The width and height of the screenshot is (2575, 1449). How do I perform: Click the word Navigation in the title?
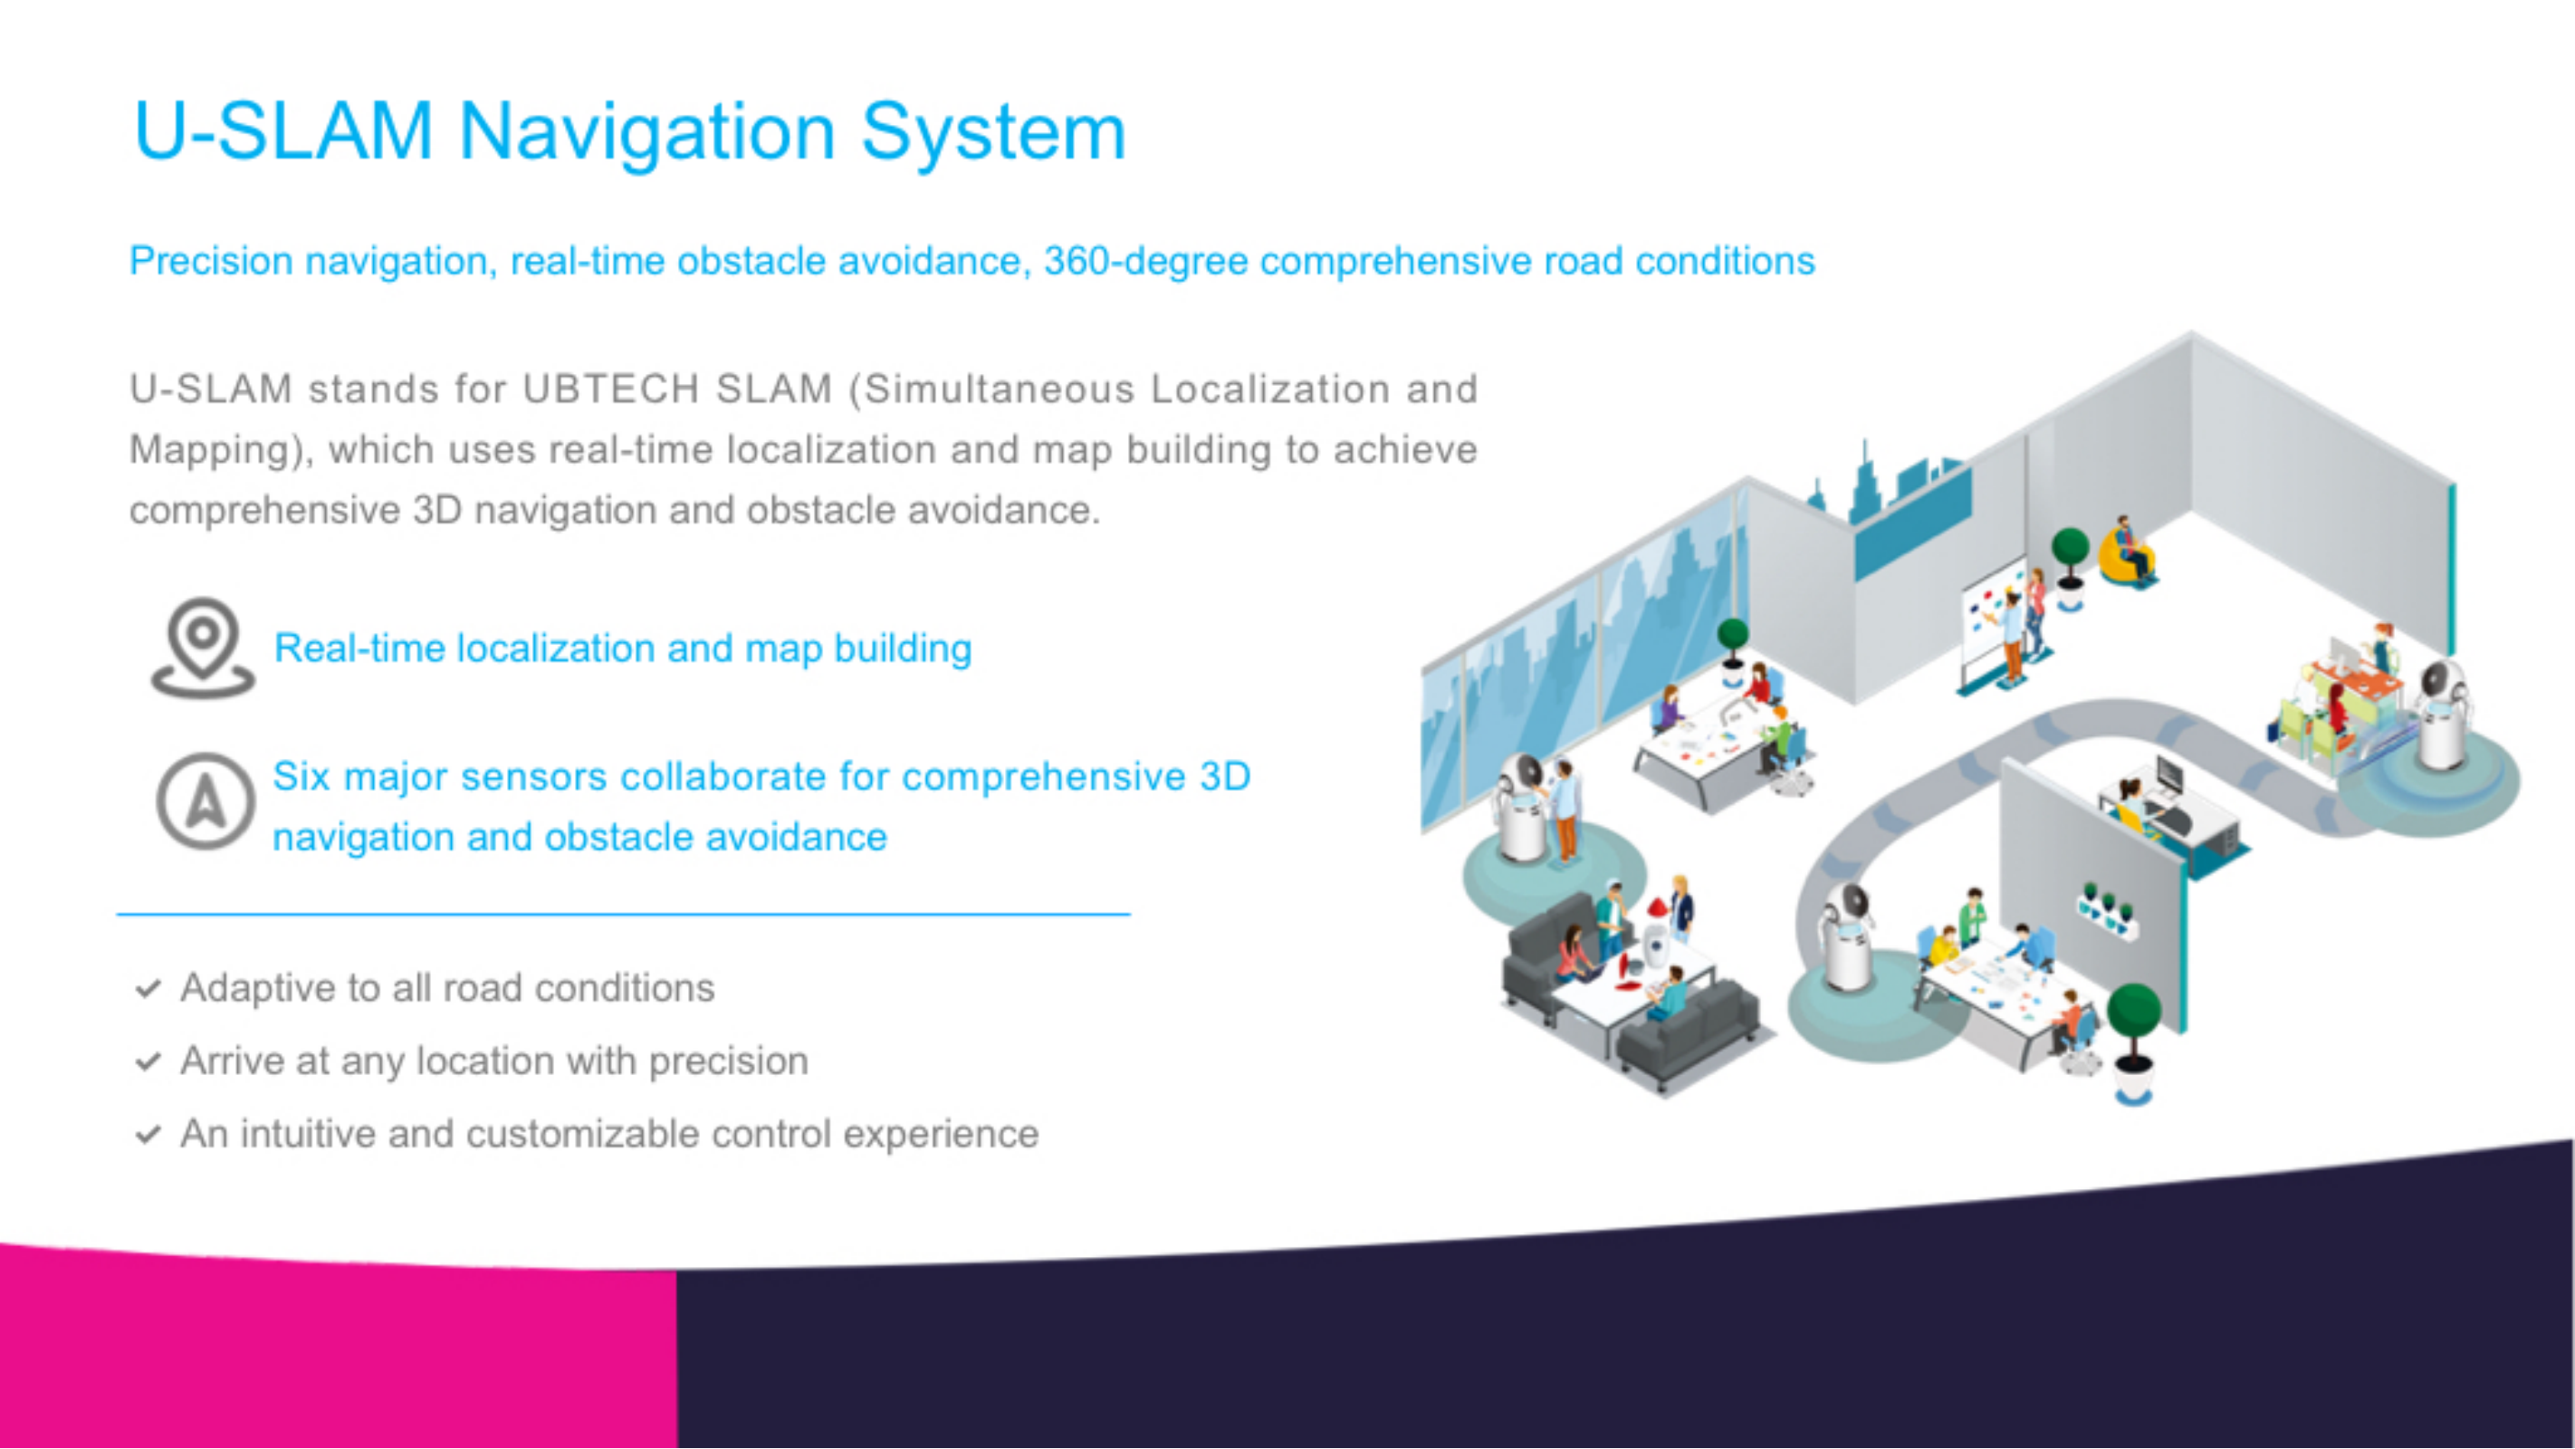[646, 133]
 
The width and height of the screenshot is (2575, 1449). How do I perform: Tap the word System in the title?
[993, 133]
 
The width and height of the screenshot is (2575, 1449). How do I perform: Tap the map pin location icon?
[203, 648]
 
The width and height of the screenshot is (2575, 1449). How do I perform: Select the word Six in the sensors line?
[301, 776]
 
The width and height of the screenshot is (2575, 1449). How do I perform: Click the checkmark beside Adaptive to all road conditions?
[148, 989]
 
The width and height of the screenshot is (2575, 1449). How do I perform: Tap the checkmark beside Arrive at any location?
[148, 1062]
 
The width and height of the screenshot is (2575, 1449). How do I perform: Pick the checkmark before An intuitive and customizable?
[148, 1135]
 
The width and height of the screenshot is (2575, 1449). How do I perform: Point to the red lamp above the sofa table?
[1656, 909]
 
